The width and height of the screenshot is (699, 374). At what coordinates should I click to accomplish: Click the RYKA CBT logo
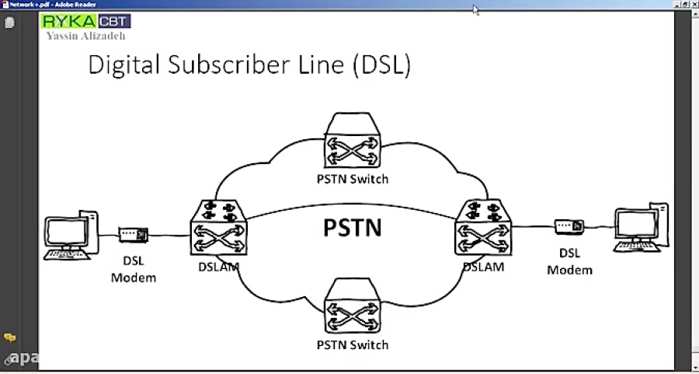(x=85, y=21)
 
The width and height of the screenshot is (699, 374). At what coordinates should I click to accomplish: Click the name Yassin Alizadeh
(x=85, y=36)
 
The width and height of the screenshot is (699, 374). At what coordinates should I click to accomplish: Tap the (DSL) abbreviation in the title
(x=381, y=65)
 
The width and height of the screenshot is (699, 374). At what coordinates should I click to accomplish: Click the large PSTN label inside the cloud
(x=352, y=228)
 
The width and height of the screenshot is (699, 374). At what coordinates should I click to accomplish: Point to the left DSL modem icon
(x=134, y=233)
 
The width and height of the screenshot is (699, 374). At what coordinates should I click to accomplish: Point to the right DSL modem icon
(x=569, y=226)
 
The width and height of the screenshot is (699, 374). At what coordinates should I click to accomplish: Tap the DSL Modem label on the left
(x=134, y=269)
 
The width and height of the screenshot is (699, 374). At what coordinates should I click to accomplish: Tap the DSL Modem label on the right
(x=569, y=261)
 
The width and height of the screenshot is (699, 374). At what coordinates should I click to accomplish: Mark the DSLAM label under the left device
(x=218, y=267)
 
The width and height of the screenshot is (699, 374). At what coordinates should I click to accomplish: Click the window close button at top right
(x=693, y=4)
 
